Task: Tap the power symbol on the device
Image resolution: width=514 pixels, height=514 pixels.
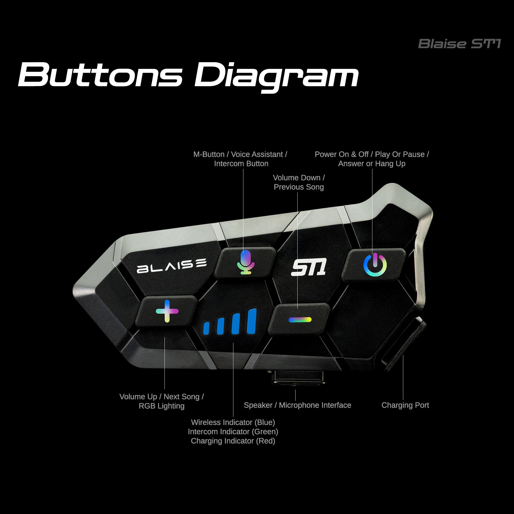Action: [x=375, y=265]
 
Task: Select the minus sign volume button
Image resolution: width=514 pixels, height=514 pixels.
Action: [x=300, y=319]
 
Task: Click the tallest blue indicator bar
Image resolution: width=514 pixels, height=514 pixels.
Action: [x=251, y=321]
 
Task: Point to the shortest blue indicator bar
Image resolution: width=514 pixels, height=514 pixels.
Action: [x=206, y=328]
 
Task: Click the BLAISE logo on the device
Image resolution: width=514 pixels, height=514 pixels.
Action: [x=172, y=265]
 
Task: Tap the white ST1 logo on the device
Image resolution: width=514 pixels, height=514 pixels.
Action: [x=309, y=267]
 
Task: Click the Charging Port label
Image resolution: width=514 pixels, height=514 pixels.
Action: [x=405, y=405]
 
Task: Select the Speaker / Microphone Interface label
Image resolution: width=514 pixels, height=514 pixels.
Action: [x=297, y=405]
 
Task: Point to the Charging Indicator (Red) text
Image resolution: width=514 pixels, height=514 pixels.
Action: [x=233, y=441]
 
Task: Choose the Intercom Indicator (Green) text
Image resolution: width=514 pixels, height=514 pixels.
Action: [x=233, y=432]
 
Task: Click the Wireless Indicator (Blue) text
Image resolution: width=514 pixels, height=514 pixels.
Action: [x=233, y=422]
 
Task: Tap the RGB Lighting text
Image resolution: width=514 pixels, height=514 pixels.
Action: [x=161, y=406]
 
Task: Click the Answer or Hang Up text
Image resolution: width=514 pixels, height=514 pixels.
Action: [x=372, y=164]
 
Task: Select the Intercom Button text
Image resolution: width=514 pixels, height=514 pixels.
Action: [x=241, y=164]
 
